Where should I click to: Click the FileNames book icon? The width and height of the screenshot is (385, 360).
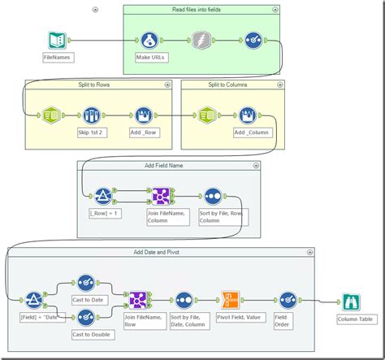pos(57,40)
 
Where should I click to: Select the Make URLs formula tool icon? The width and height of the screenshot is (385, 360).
pos(149,41)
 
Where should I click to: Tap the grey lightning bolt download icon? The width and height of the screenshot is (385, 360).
pos(201,41)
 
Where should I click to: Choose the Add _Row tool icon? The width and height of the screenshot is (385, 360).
pos(142,115)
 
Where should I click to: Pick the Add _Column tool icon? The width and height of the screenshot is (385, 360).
pos(249,115)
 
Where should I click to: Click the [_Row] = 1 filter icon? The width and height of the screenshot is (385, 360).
pos(103,196)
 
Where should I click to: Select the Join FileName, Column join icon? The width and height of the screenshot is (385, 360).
pos(159,196)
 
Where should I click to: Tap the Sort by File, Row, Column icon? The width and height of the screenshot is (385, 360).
pos(212,196)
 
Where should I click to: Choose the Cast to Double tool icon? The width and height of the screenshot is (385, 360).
pos(86,317)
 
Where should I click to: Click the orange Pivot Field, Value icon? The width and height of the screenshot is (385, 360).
pos(231,300)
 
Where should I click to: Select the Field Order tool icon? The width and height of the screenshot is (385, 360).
pos(288,300)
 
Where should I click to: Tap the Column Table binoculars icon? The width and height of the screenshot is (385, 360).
pos(351,302)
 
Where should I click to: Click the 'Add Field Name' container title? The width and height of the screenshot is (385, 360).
pos(166,164)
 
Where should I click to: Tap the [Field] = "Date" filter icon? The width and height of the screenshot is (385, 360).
pos(34,300)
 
